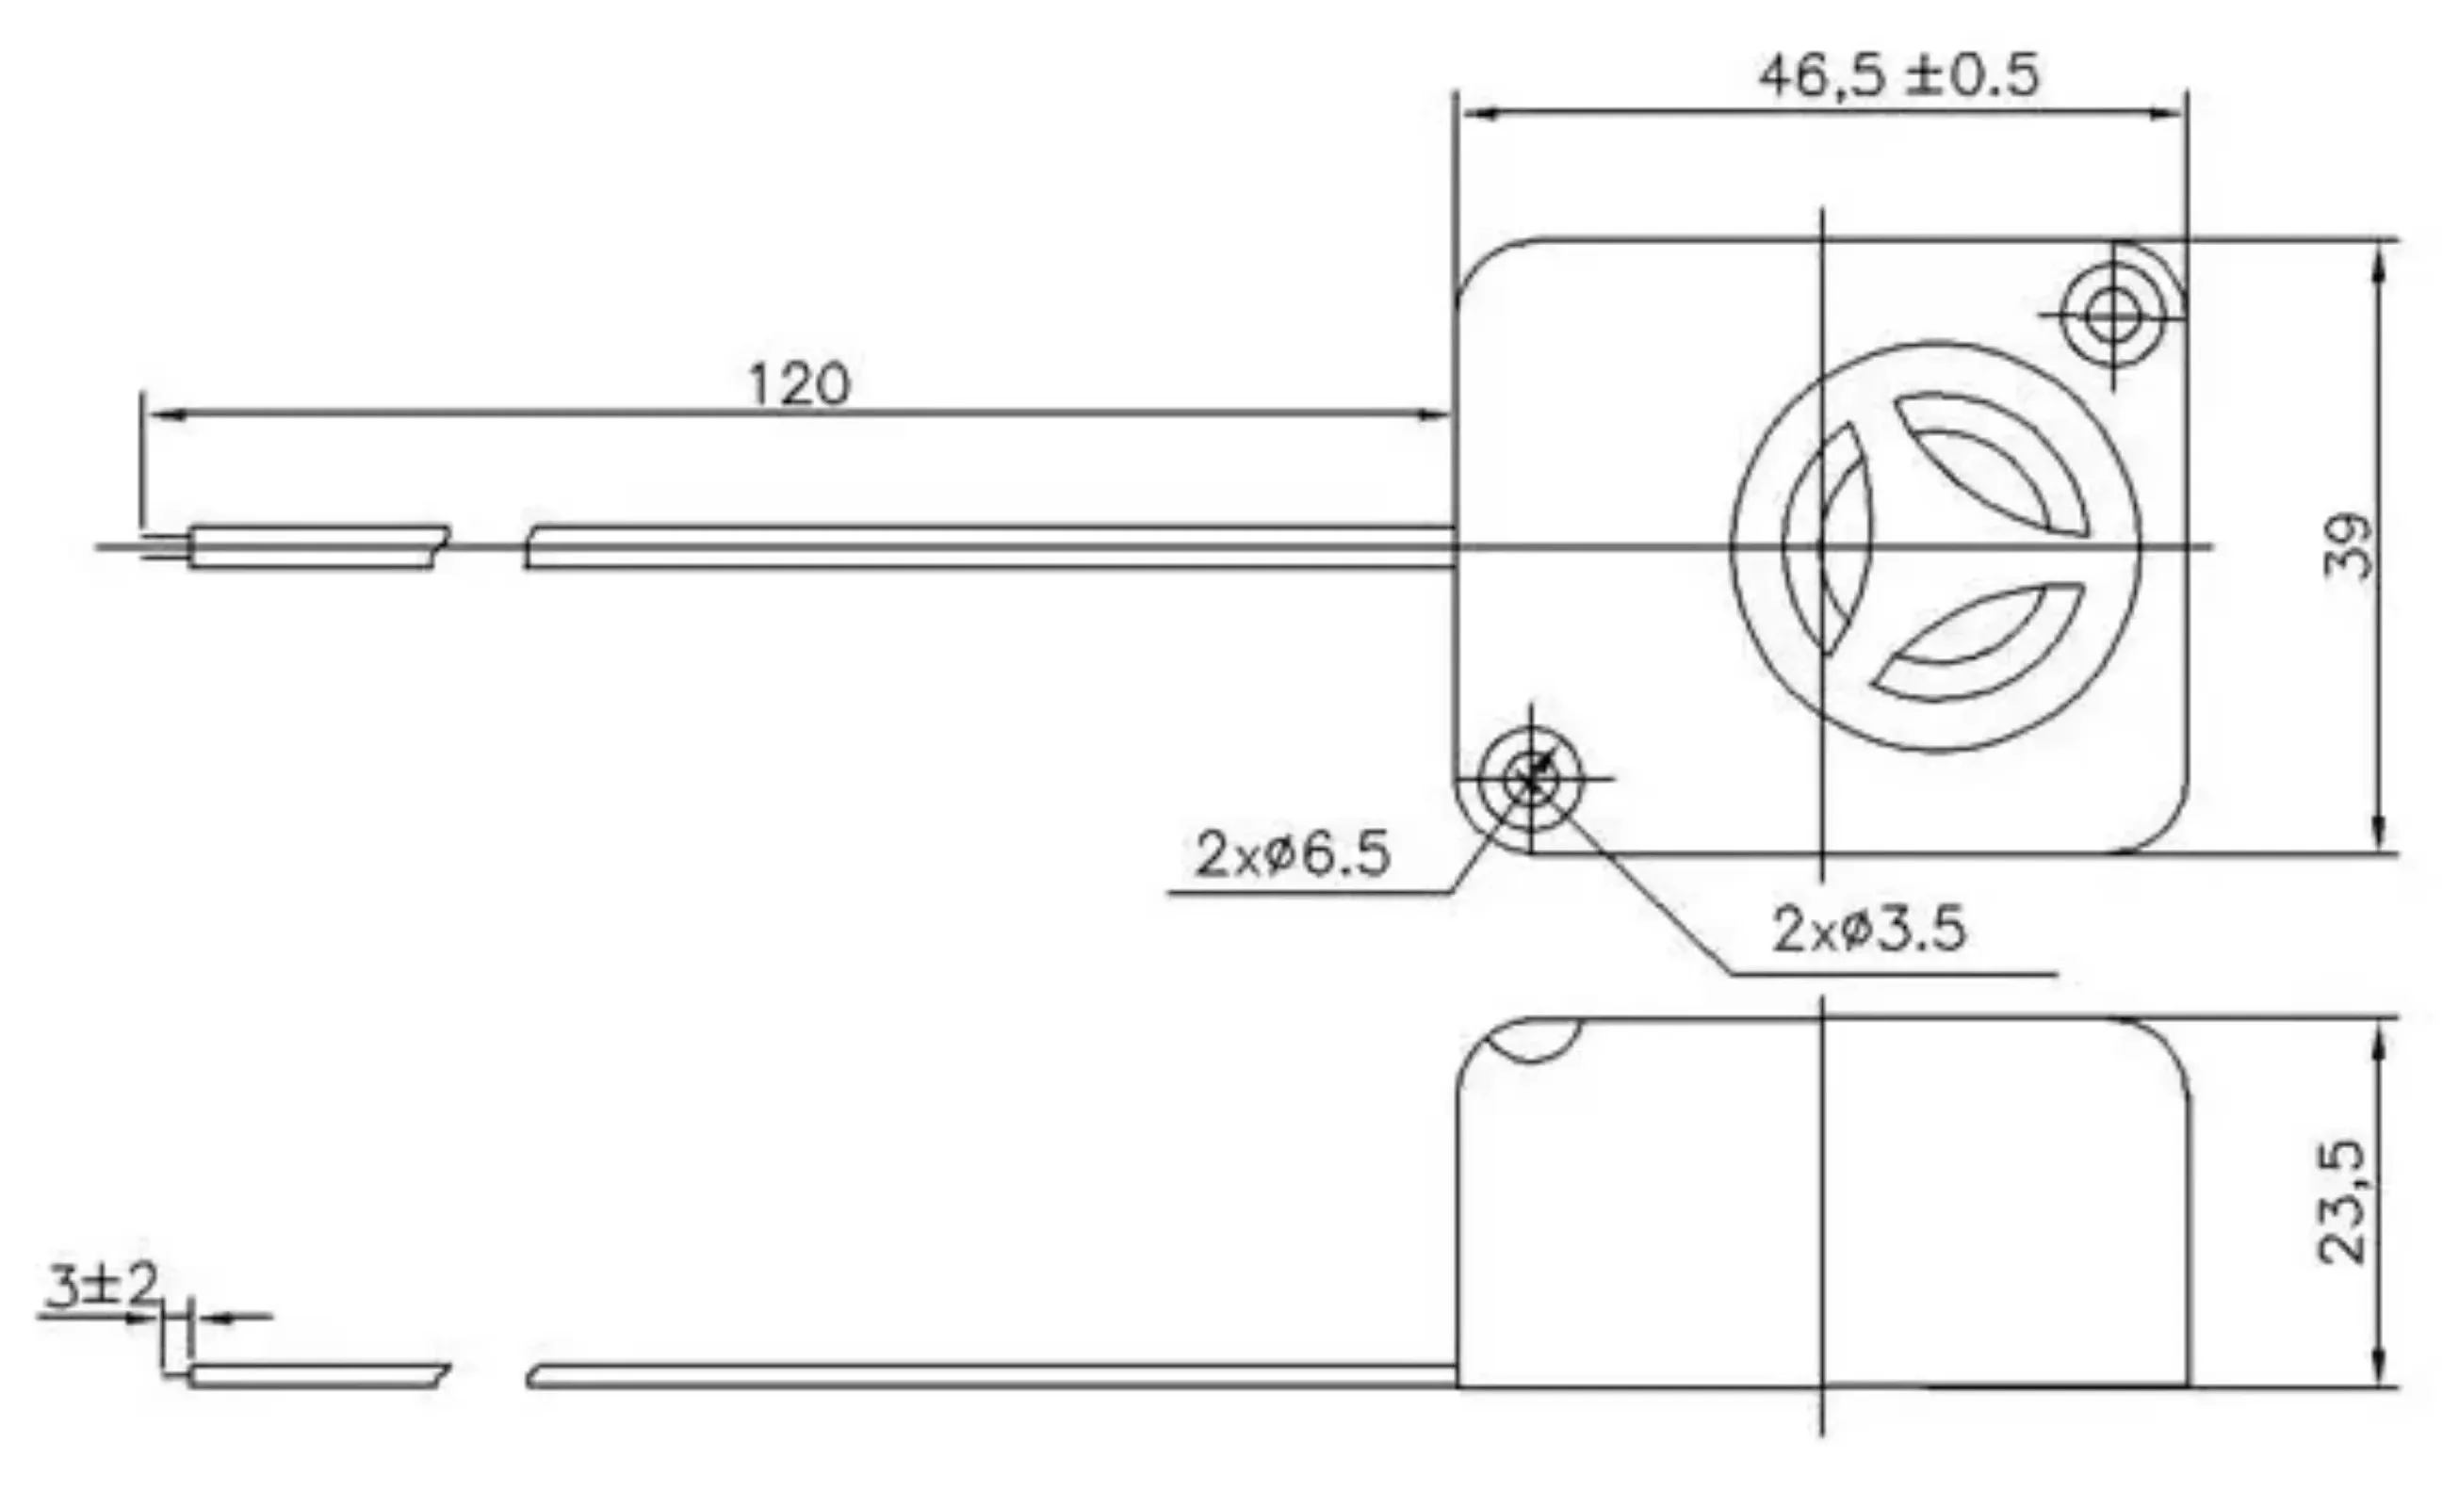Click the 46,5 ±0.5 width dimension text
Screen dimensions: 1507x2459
(x=1898, y=76)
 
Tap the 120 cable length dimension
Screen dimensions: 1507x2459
(x=798, y=384)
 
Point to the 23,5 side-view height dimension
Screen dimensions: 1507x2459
(x=2341, y=1203)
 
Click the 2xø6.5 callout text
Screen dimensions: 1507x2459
(x=1292, y=854)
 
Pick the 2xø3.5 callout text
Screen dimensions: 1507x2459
(x=1868, y=928)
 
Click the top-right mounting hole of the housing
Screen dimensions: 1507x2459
(x=2111, y=316)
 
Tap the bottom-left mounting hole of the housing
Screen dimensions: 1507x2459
(x=1530, y=778)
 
